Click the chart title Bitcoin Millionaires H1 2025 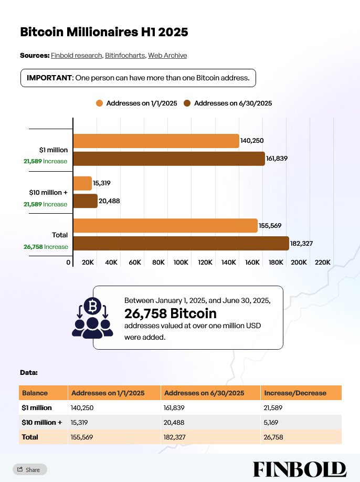(x=104, y=32)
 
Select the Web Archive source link (x=167, y=55)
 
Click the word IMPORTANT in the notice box (x=49, y=78)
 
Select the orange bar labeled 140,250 (x=156, y=141)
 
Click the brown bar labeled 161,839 (x=168, y=158)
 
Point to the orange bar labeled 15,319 (x=82, y=183)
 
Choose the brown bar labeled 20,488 (x=85, y=201)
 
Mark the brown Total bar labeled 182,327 (x=181, y=243)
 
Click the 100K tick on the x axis (x=181, y=262)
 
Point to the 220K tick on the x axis (x=322, y=262)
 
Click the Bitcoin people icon (x=92, y=317)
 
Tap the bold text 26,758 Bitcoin (x=170, y=313)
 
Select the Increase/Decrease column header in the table (x=295, y=393)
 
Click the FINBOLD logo (x=299, y=469)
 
